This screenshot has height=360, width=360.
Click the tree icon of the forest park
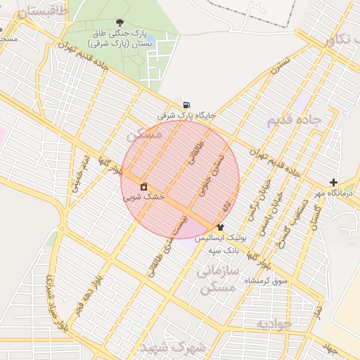(x=120, y=22)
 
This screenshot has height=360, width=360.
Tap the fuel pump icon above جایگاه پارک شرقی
(x=186, y=105)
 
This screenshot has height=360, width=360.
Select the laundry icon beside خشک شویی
(x=143, y=186)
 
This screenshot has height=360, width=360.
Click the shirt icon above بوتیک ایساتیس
(x=220, y=227)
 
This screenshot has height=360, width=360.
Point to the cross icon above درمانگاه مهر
(x=334, y=182)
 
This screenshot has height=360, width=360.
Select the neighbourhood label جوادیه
(x=272, y=324)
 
